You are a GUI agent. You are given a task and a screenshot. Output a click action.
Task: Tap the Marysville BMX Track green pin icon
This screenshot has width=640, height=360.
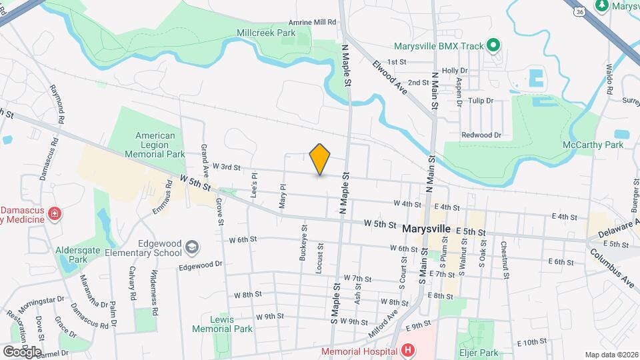point(493,46)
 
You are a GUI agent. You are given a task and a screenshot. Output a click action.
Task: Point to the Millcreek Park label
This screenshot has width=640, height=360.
point(265,32)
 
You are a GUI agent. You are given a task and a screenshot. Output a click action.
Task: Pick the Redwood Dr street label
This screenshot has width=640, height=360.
point(481,135)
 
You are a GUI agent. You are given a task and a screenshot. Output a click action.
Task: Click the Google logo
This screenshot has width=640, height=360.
point(22,351)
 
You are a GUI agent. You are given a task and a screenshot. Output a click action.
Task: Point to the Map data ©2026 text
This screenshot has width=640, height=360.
point(611,355)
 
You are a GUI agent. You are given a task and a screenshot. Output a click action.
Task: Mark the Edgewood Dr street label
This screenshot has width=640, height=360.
point(200,265)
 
